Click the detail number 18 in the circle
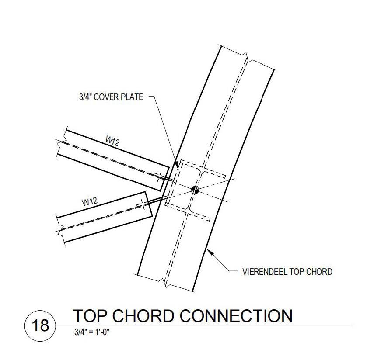(41, 326)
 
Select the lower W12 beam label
(89, 202)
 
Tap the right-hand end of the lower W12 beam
(148, 204)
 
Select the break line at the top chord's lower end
(165, 283)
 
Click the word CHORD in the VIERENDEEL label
(320, 272)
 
